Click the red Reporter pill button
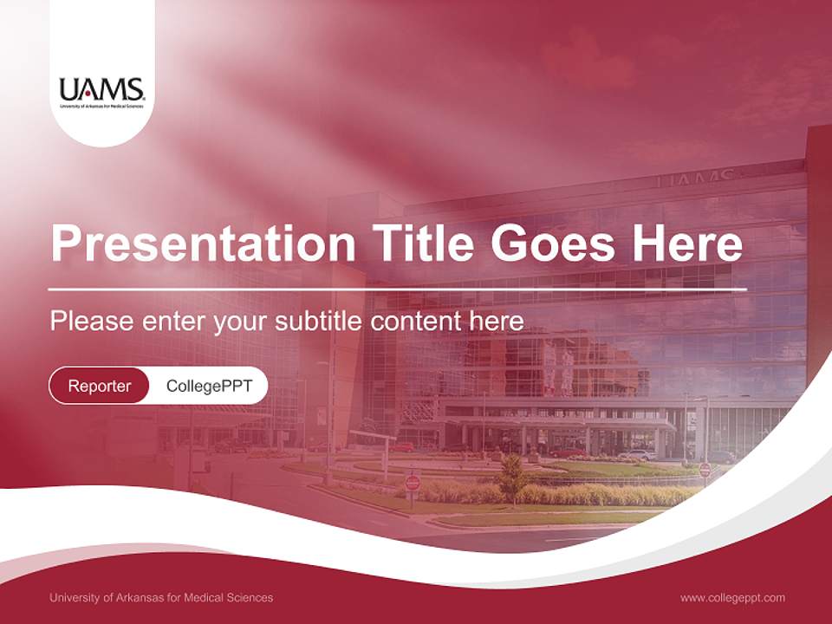[x=100, y=386]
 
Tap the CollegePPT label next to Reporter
[x=209, y=386]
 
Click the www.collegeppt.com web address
[x=732, y=597]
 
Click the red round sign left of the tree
[x=413, y=483]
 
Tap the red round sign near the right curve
[x=705, y=469]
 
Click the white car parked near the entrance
[x=638, y=454]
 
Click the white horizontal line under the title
[x=397, y=289]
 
